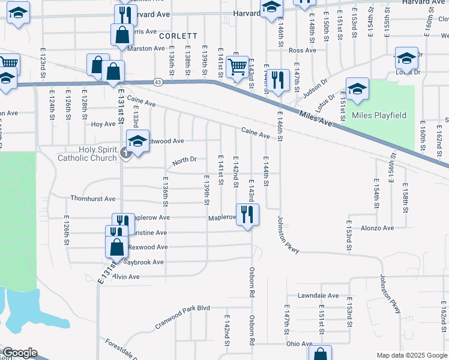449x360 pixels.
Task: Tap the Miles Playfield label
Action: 379,115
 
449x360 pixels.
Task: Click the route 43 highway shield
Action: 157,82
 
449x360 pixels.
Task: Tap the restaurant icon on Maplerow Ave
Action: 247,214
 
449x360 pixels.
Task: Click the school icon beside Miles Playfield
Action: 357,89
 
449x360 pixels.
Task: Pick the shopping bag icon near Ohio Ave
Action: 321,355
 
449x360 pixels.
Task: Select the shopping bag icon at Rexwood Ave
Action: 116,247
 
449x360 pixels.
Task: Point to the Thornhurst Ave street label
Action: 92,199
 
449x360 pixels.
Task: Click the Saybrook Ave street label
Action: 143,262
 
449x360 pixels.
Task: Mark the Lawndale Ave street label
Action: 318,296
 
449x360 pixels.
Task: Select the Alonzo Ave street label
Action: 377,228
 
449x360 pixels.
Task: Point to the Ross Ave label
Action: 302,50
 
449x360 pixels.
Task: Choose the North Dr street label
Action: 184,160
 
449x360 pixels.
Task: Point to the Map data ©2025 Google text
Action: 412,355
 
